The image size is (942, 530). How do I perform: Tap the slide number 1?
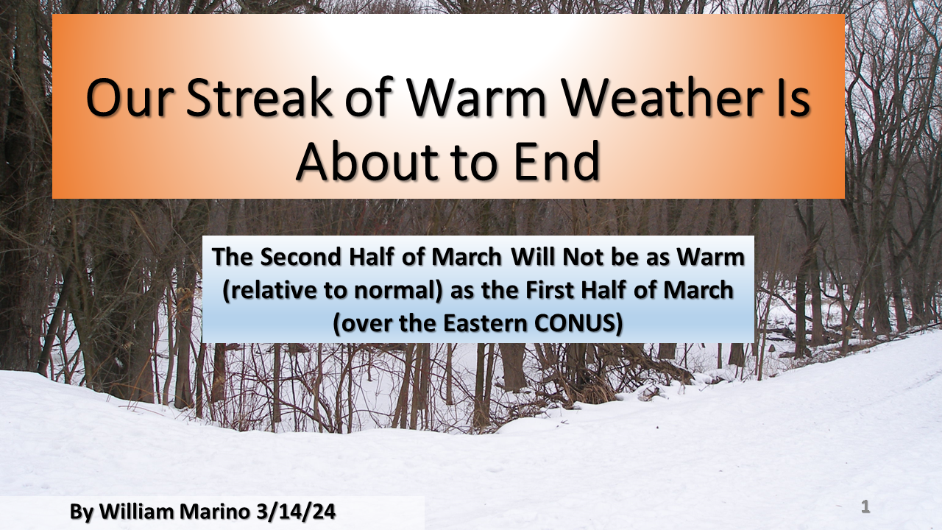[865, 506]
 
